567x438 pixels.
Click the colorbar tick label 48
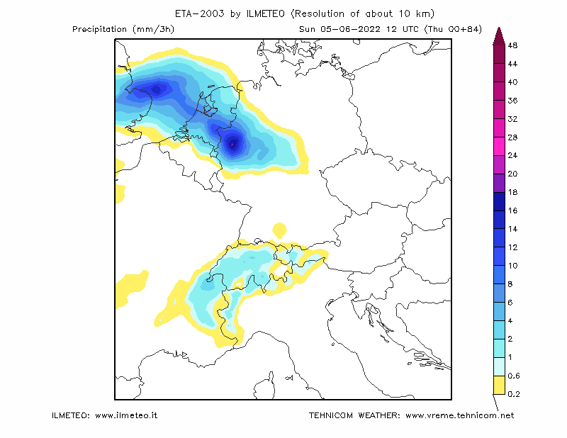[x=512, y=45]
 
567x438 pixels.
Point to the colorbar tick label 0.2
[x=513, y=394]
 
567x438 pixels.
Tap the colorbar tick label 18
[x=512, y=192]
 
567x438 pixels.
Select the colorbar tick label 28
[x=512, y=137]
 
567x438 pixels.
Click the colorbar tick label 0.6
[x=513, y=376]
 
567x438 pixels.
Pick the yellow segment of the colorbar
[x=499, y=385]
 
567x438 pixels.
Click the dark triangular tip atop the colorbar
[x=499, y=36]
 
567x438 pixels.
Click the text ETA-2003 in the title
[x=199, y=13]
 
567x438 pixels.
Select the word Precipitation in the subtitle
[x=99, y=29]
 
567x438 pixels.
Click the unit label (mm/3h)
[x=153, y=29]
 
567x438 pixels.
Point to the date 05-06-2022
[x=350, y=29]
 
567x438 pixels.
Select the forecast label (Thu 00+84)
[x=453, y=29]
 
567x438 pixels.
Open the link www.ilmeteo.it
[x=126, y=415]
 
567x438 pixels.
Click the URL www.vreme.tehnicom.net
[x=459, y=415]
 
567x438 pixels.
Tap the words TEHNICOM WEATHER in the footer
[x=354, y=415]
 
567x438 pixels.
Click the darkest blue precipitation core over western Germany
[x=232, y=144]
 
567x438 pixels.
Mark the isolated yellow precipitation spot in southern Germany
[x=279, y=230]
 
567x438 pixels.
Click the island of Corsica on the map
[x=264, y=386]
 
